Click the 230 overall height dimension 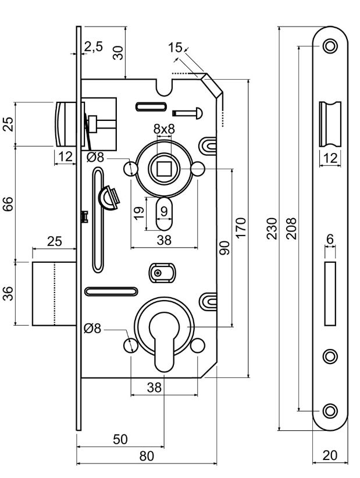pyautogui.click(x=272, y=229)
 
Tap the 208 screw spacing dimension pyautogui.click(x=291, y=229)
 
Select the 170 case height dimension pyautogui.click(x=241, y=228)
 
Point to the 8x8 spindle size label pyautogui.click(x=164, y=129)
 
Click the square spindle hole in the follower pyautogui.click(x=164, y=169)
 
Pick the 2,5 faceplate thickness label pyautogui.click(x=94, y=47)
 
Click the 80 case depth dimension pyautogui.click(x=147, y=456)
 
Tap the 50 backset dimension pyautogui.click(x=120, y=439)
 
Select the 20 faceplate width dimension pyautogui.click(x=330, y=455)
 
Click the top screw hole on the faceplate pyautogui.click(x=330, y=47)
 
